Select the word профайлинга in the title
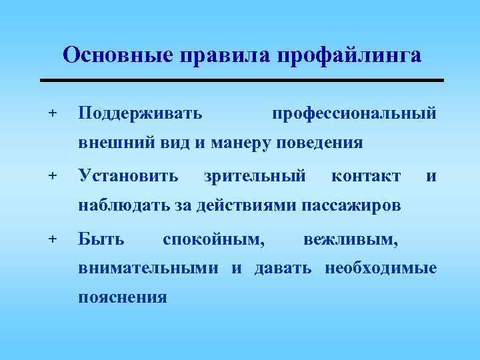(347, 55)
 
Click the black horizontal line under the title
(241, 80)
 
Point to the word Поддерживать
(141, 113)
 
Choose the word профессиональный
(355, 113)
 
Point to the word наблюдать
(125, 206)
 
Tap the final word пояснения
(123, 297)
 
